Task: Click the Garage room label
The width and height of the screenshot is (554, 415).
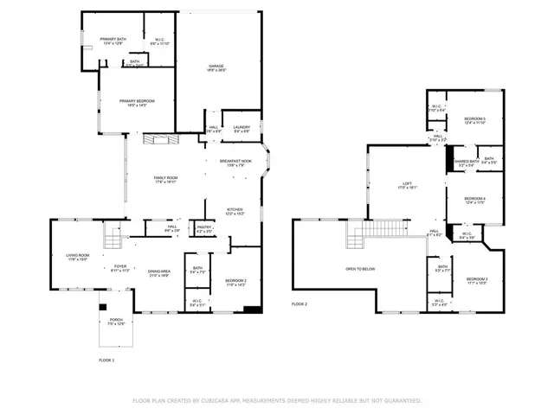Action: tap(216, 68)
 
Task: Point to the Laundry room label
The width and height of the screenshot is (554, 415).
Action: tap(242, 129)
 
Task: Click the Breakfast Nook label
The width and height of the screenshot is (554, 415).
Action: tap(235, 162)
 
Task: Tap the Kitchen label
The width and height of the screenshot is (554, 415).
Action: tap(235, 211)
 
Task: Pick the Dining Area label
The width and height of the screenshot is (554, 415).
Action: tap(158, 273)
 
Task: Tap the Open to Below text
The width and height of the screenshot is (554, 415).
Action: tap(360, 269)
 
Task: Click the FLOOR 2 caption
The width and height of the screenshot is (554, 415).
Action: tap(300, 304)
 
